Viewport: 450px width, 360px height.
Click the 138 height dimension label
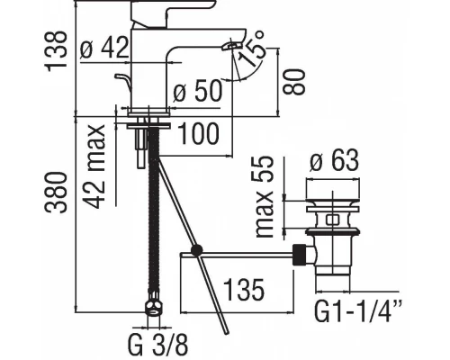tap(56, 51)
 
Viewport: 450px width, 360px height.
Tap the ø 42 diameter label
tap(104, 48)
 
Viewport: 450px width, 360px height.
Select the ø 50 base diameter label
tap(198, 91)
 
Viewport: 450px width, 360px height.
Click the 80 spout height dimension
tap(294, 82)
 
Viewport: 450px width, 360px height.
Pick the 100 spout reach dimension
tap(199, 134)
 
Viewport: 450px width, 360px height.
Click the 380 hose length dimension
tap(56, 193)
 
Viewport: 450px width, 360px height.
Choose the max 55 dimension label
tap(265, 197)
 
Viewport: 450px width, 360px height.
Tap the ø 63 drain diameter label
tap(334, 160)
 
